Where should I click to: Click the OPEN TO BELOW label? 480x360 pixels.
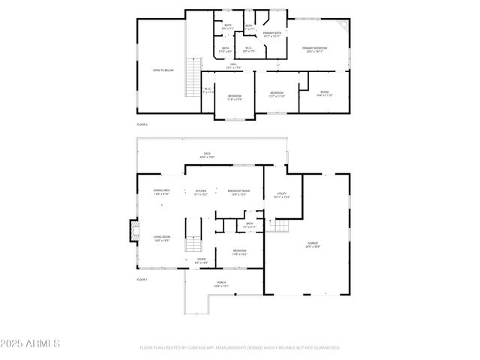click(163, 70)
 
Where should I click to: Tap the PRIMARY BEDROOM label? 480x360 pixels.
click(314, 49)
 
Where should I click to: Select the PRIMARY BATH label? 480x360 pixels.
click(271, 34)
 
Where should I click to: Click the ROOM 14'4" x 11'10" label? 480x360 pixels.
click(324, 94)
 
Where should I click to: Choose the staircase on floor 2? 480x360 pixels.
click(194, 77)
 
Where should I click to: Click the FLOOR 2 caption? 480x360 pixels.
click(142, 124)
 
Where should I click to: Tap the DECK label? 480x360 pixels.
click(207, 155)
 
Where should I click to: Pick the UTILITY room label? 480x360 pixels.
click(282, 195)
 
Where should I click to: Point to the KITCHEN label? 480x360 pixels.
click(200, 193)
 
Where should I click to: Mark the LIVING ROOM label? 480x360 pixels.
click(161, 239)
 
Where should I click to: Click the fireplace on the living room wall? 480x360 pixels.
click(134, 231)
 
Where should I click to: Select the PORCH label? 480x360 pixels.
click(221, 283)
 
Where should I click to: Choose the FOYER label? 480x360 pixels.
click(201, 261)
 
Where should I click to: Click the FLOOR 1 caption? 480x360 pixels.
click(142, 279)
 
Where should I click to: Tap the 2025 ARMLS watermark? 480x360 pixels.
click(31, 343)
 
